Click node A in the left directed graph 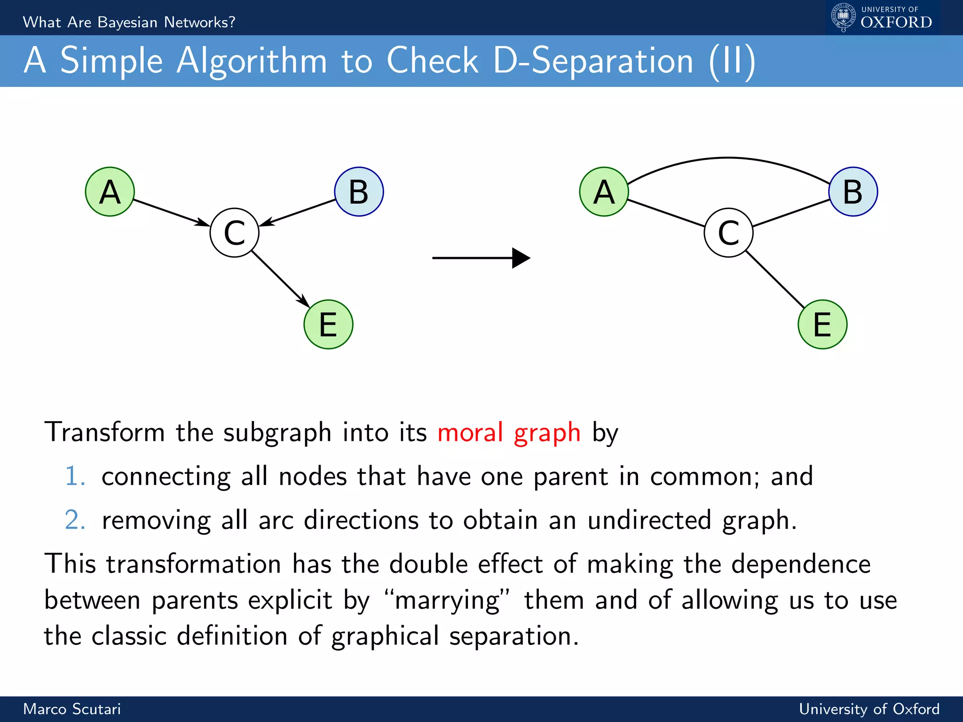[110, 192]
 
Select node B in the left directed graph [359, 192]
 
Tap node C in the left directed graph [234, 233]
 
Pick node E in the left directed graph [328, 324]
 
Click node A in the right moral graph [604, 192]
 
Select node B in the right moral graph [853, 192]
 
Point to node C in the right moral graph [728, 233]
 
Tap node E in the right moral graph [822, 324]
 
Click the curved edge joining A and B [728, 158]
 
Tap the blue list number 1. [75, 476]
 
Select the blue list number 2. [75, 520]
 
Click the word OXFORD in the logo [896, 22]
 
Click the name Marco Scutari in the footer [72, 709]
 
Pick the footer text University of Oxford [869, 709]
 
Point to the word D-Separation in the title [593, 61]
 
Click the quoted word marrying [447, 601]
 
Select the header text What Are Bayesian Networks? [129, 22]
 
